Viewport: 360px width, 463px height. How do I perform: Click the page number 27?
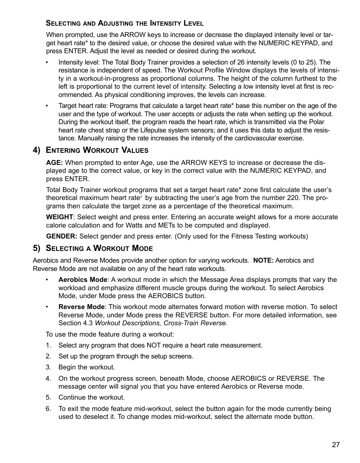coord(336,445)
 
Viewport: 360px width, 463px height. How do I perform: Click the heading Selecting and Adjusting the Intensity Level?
coord(125,23)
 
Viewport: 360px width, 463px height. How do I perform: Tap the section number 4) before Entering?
coord(37,150)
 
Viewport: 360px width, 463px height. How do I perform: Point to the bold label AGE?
coord(54,163)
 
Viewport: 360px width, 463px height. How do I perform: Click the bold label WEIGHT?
coord(59,217)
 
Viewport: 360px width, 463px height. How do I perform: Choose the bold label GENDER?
coord(62,236)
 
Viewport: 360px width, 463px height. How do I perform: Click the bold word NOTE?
coord(263,260)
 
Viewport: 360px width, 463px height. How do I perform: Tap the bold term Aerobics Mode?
coord(83,280)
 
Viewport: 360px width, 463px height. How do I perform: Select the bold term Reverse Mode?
coord(81,307)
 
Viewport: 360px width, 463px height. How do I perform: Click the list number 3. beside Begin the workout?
coord(48,367)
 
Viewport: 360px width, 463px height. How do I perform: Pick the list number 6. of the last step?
coord(48,409)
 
